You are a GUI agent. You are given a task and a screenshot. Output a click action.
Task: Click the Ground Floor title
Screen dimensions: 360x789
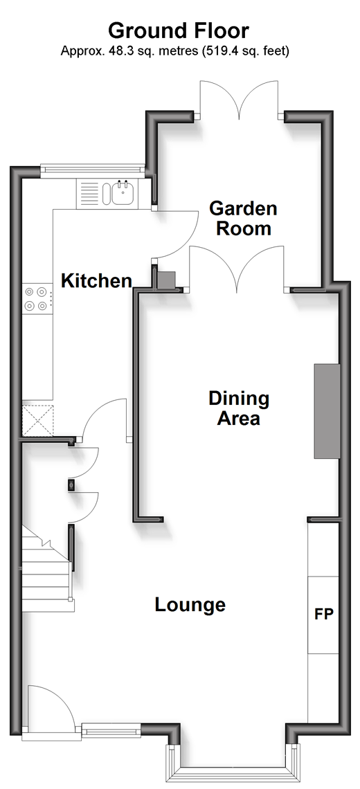179,30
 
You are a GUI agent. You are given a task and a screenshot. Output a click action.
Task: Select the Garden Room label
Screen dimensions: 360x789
243,218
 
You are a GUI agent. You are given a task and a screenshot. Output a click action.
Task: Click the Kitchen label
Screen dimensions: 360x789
97,280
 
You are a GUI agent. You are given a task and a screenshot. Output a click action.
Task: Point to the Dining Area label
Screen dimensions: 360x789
239,408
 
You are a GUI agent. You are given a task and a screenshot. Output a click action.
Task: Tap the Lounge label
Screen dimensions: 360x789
190,604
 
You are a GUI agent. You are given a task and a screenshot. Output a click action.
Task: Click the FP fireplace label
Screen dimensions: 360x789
324,614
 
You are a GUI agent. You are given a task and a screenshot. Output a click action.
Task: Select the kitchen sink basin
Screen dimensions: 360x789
123,194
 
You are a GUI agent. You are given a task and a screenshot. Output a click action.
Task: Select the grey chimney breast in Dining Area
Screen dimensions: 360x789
327,411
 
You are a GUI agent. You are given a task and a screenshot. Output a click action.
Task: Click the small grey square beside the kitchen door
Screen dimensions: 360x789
165,280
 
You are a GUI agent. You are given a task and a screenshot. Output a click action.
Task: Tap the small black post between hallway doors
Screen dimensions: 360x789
71,485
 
